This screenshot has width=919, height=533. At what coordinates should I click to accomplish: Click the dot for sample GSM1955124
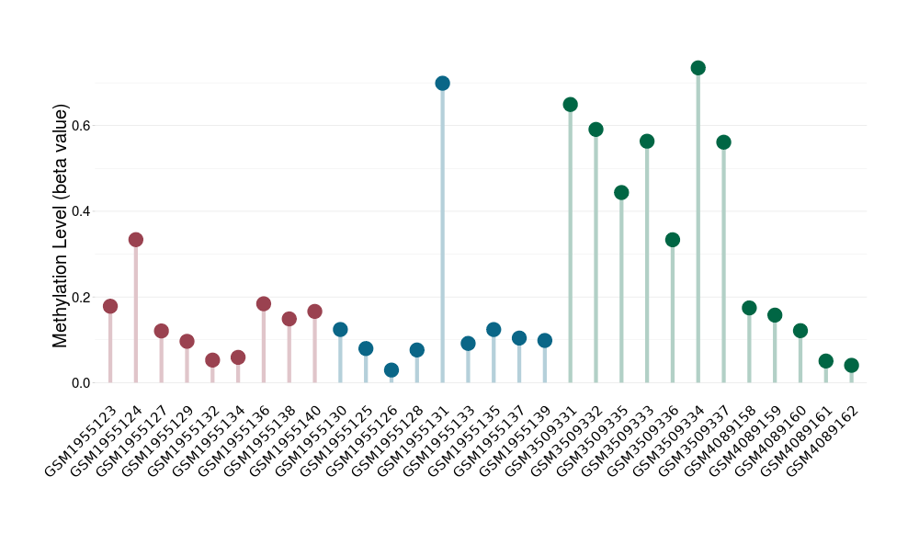(136, 240)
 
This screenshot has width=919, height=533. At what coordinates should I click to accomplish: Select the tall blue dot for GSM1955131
(442, 84)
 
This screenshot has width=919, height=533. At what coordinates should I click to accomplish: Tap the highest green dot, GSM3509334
(698, 68)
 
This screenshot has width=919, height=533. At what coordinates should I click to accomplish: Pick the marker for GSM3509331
(570, 105)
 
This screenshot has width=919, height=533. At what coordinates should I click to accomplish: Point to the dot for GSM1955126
(391, 370)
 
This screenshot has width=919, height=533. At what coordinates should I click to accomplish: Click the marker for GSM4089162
(851, 366)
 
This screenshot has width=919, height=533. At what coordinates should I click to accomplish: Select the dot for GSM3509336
(673, 240)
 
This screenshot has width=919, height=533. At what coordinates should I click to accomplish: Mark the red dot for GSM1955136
(264, 304)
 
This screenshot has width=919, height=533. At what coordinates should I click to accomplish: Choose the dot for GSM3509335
(621, 193)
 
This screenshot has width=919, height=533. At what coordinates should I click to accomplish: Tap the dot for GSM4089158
(749, 308)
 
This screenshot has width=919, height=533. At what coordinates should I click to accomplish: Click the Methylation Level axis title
(61, 225)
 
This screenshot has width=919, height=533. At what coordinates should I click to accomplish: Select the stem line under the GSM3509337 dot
(723, 266)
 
